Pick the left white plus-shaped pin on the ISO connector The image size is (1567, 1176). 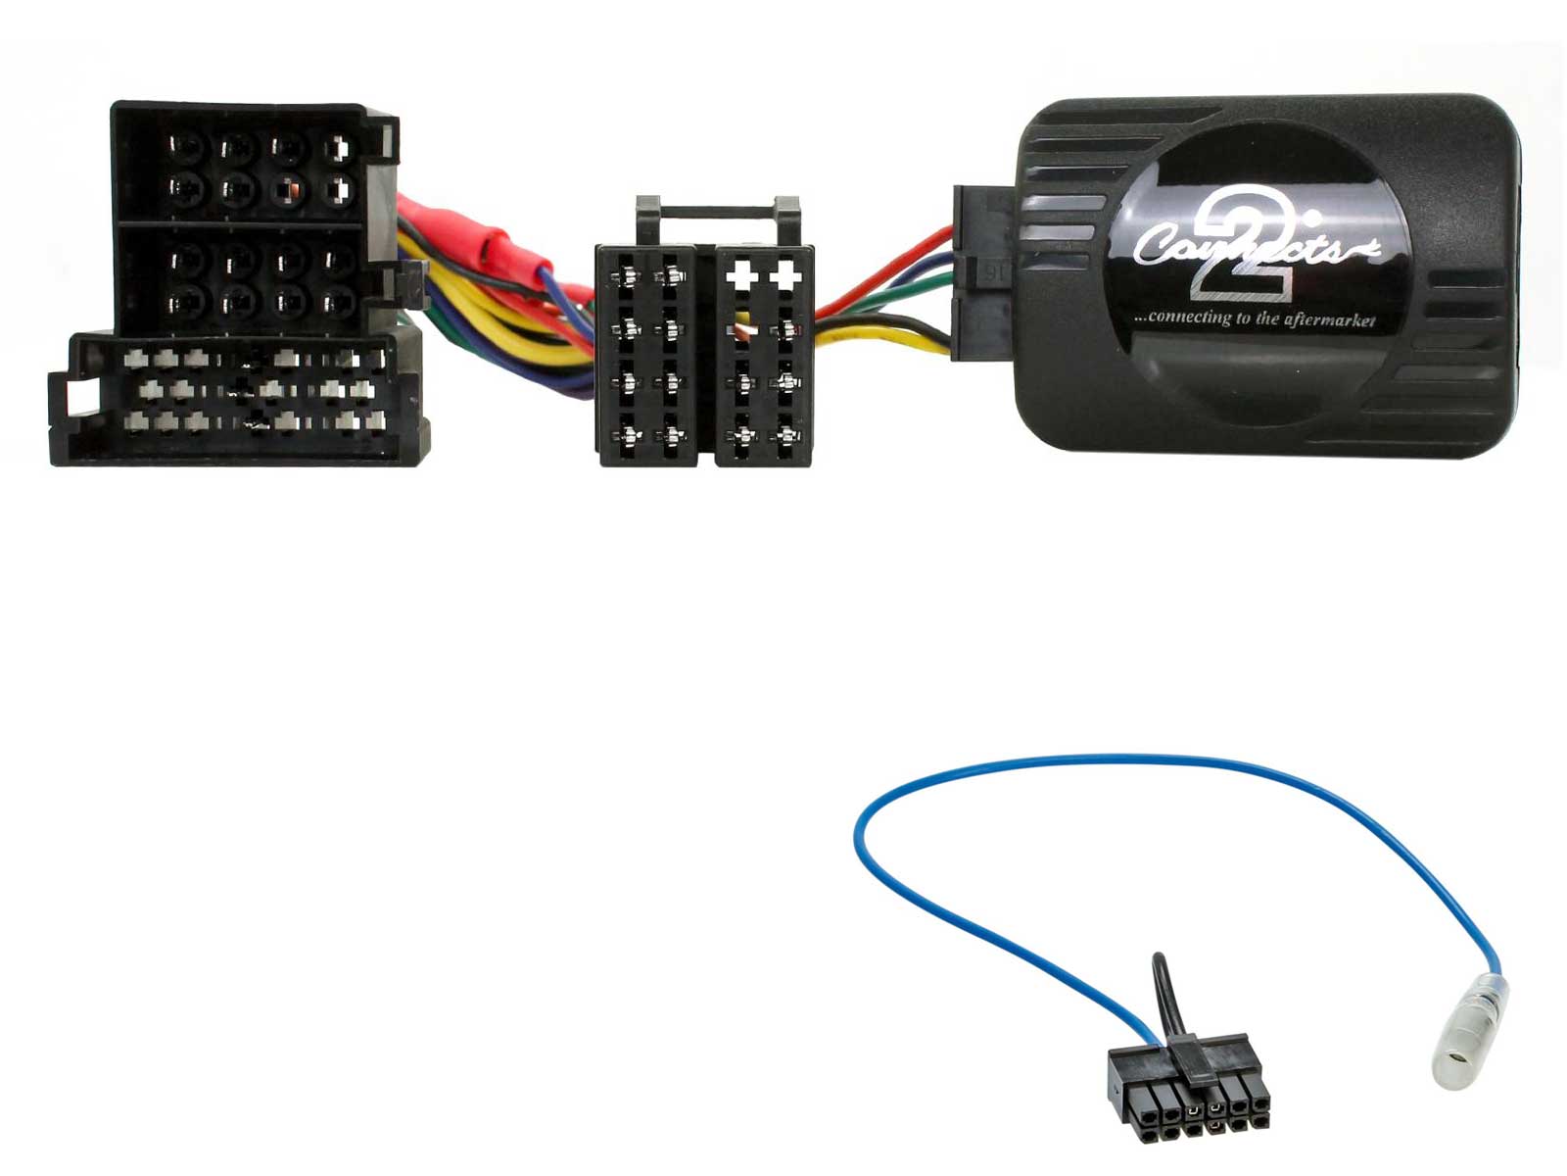click(741, 275)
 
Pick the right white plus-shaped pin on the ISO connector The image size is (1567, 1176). click(785, 275)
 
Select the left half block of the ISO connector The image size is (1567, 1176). click(647, 355)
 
